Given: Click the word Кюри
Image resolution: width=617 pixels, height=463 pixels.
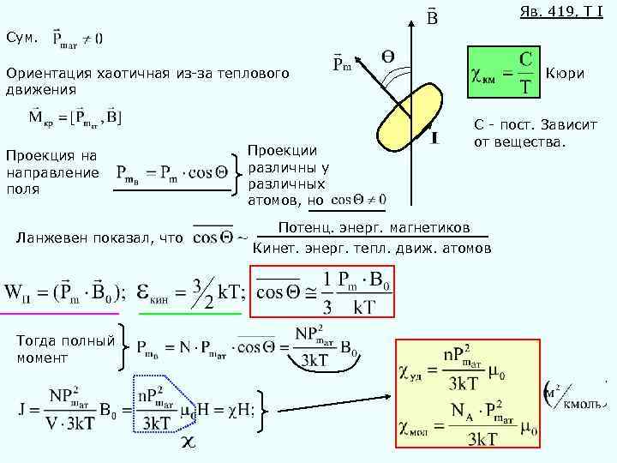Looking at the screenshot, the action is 565,74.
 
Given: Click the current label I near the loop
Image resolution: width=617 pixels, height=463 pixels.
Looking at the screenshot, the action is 435,137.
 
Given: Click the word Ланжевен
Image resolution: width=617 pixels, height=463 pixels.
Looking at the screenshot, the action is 64,238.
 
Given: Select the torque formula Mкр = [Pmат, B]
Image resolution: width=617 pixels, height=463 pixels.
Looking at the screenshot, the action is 75,116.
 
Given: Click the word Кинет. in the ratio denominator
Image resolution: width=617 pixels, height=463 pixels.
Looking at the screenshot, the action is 276,249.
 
